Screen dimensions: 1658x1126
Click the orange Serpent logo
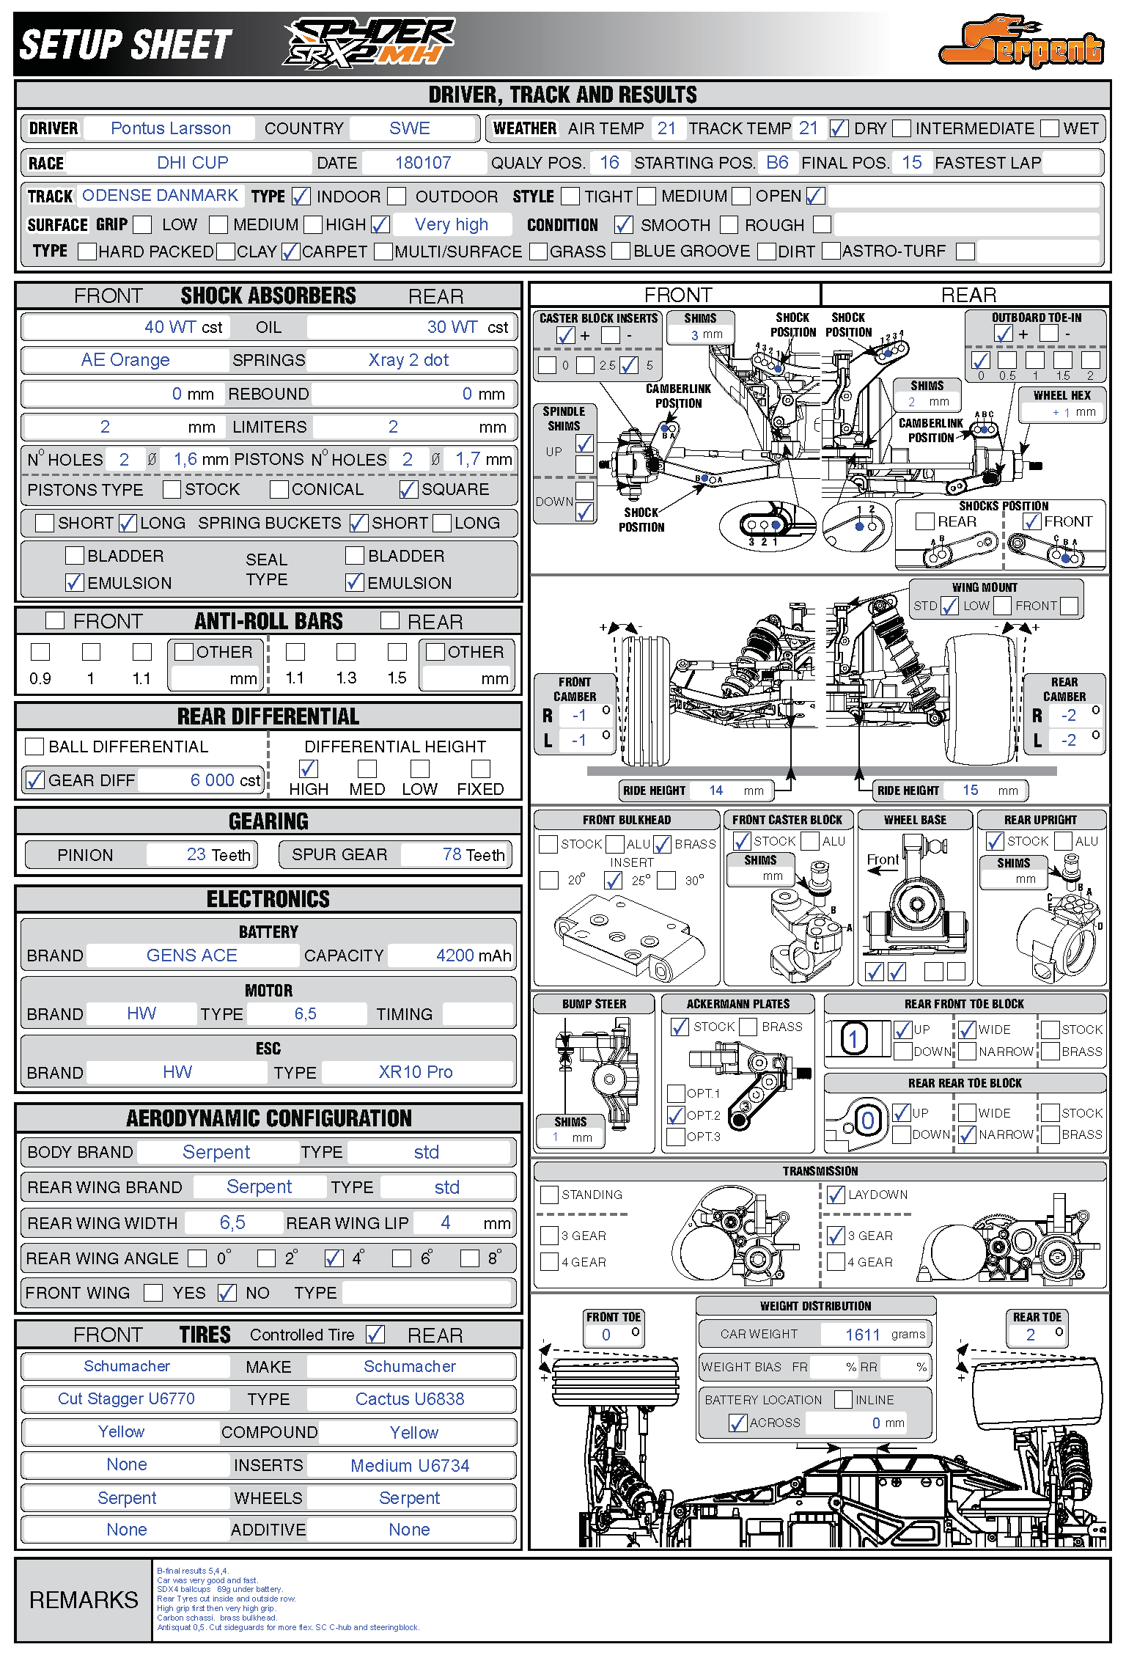1021,44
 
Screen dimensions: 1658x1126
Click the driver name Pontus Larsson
170,128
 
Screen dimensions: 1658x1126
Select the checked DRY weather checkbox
839,129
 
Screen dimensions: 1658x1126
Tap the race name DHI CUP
192,163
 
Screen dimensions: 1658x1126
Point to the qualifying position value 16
609,163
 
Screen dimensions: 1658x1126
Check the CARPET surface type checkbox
290,252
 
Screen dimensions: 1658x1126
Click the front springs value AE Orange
125,360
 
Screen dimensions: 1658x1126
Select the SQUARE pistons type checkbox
408,489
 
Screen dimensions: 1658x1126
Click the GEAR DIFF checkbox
34,780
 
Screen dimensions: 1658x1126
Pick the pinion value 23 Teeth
218,854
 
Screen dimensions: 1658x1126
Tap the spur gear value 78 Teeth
473,854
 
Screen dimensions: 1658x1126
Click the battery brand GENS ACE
191,955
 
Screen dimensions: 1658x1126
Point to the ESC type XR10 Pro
415,1072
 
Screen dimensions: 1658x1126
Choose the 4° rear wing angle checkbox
334,1258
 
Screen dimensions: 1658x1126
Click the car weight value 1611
862,1335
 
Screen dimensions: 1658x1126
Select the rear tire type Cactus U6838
409,1399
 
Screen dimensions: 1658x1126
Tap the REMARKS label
84,1599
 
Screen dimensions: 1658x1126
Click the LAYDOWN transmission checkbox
836,1195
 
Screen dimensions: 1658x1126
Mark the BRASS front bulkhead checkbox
662,845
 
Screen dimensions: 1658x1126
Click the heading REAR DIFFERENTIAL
268,716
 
